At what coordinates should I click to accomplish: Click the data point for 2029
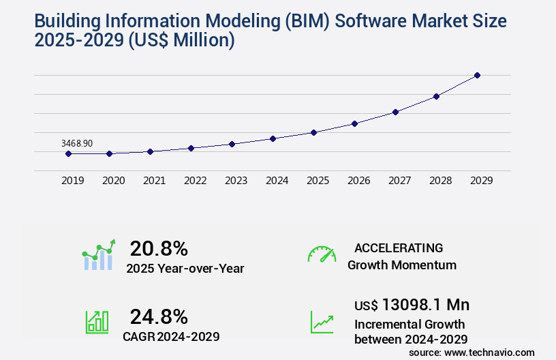(477, 75)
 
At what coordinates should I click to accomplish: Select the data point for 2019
(68, 153)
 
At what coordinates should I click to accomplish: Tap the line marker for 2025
(313, 132)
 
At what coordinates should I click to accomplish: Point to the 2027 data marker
(395, 112)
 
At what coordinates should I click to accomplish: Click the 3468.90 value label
(77, 143)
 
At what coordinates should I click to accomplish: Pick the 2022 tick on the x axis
(195, 181)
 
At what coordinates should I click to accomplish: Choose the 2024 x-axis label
(277, 181)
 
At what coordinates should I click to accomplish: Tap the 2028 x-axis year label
(440, 181)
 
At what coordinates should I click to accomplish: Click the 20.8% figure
(159, 248)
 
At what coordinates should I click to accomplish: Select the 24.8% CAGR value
(159, 316)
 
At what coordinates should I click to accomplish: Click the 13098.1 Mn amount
(426, 304)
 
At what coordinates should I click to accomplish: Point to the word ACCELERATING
(399, 248)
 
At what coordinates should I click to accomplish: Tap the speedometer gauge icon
(322, 254)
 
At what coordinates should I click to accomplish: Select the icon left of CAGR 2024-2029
(97, 322)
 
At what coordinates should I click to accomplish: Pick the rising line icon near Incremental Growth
(322, 322)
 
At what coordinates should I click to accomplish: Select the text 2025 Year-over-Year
(185, 269)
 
